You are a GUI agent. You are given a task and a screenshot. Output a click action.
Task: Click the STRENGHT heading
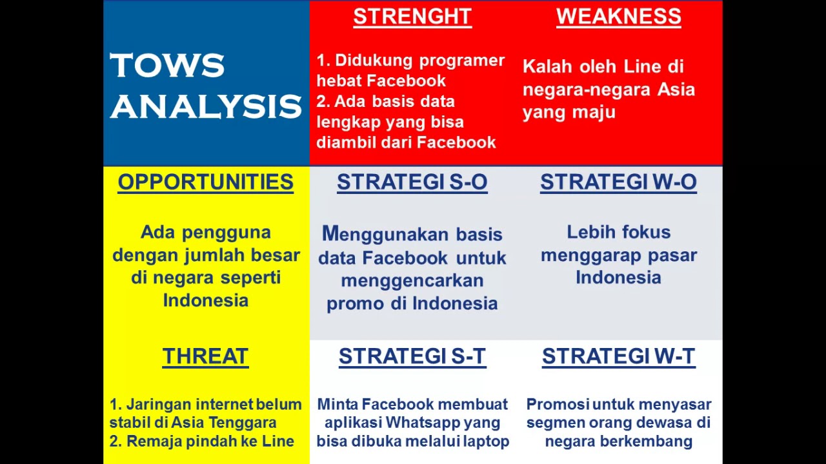pos(412,17)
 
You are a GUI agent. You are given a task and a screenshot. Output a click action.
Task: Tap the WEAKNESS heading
pos(618,17)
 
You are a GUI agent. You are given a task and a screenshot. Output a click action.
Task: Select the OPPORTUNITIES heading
pos(205,182)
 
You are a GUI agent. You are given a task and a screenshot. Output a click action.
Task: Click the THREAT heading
pos(205,356)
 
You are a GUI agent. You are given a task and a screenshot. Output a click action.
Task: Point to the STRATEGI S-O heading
pos(412,182)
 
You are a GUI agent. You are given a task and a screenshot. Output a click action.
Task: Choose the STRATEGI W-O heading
pos(618,182)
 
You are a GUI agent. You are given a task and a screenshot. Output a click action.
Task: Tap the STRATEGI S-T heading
pos(412,356)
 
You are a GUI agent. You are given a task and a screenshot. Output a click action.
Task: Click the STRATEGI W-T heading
pos(618,356)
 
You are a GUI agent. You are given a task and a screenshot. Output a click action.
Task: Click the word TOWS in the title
pos(167,66)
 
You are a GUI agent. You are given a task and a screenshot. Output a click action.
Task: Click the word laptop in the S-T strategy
pos(490,441)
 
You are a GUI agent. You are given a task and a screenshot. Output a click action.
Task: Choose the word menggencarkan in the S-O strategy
pos(412,281)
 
